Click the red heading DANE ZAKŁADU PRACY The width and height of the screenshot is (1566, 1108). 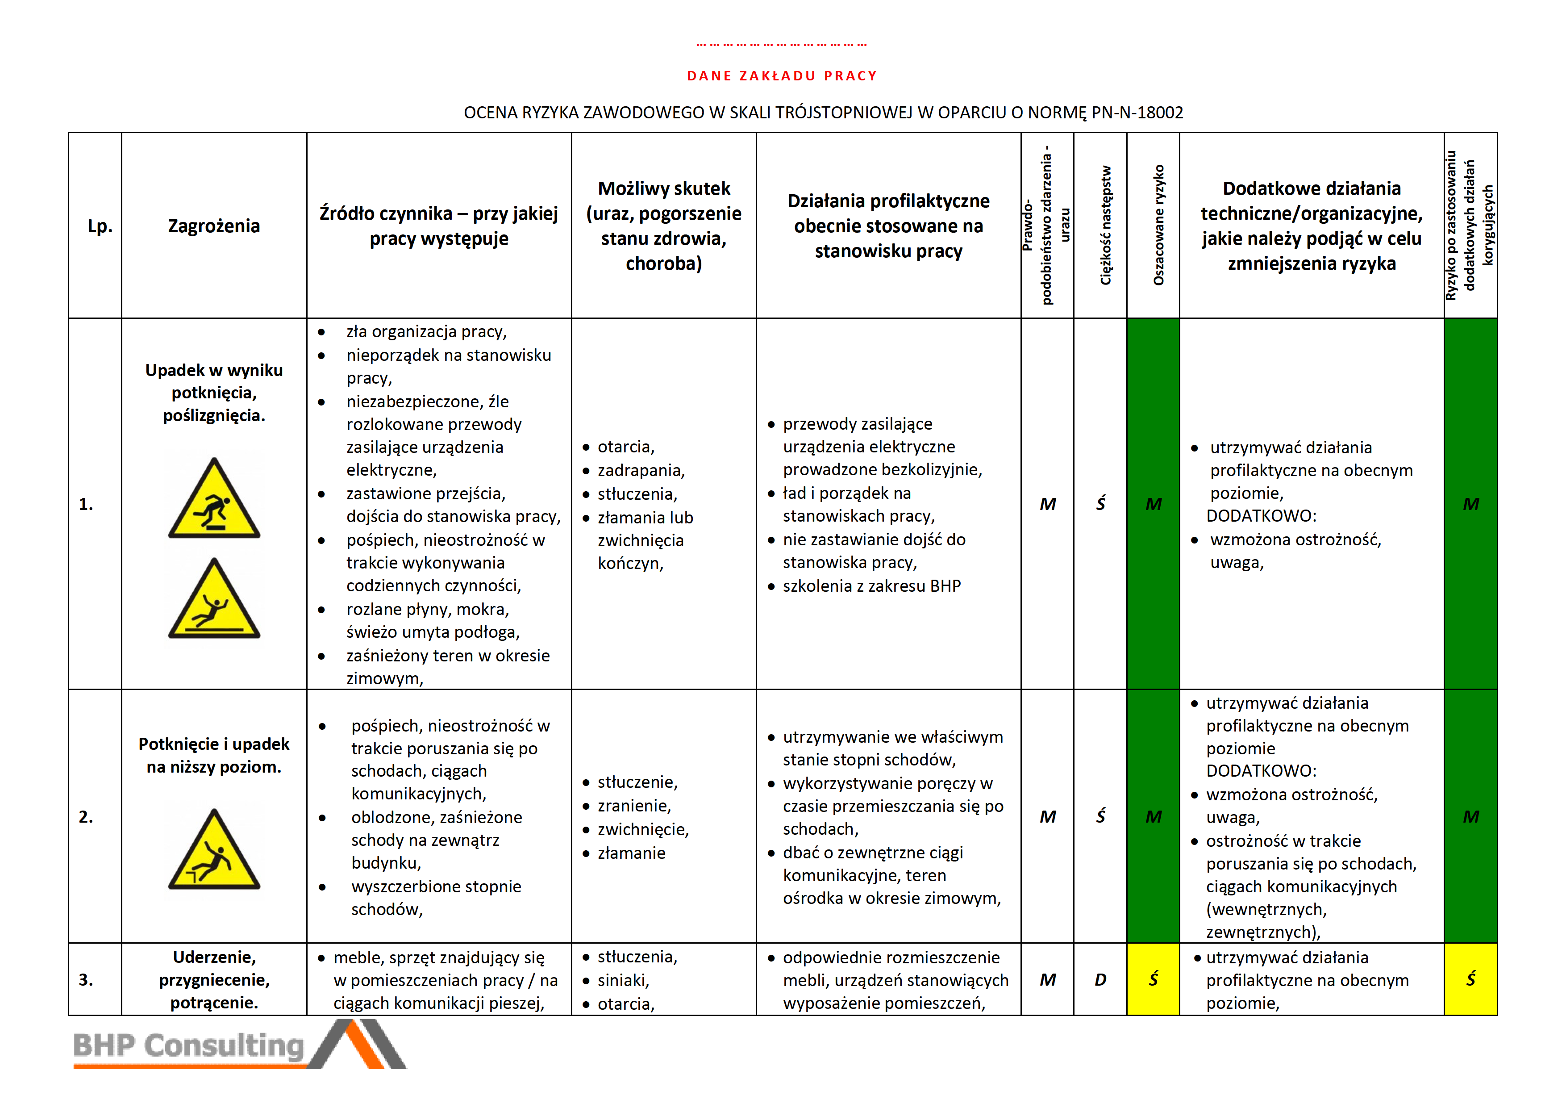782,76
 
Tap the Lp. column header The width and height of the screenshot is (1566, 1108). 100,226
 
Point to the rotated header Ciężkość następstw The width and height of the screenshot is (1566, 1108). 1105,225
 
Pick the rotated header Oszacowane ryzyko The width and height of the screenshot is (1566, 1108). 1158,225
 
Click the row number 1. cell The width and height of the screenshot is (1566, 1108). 86,504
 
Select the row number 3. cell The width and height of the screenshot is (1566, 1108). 86,980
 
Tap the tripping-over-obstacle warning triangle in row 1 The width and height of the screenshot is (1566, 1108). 214,500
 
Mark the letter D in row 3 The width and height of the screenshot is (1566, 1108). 1100,980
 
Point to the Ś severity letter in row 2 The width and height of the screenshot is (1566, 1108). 1100,817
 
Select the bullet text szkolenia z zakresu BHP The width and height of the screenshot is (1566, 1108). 872,586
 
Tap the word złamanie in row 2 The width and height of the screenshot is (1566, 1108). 632,853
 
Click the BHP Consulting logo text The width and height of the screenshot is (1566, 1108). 189,1045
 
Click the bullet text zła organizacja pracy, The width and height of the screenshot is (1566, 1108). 426,331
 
